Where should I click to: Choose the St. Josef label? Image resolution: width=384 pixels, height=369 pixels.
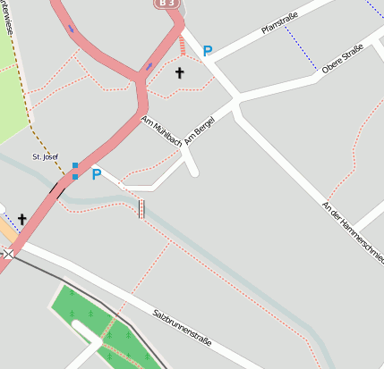[45, 157]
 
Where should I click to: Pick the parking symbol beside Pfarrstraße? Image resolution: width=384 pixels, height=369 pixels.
[208, 52]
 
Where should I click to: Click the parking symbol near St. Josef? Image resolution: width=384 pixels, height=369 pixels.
[97, 175]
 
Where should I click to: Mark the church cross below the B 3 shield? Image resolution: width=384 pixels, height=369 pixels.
[179, 72]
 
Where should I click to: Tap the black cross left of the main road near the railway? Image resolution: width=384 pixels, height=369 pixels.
[21, 219]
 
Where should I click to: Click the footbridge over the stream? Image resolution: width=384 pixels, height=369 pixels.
[141, 209]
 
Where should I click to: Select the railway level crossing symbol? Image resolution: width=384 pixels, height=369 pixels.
[8, 254]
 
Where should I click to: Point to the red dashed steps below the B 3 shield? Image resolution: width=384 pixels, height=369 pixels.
[183, 46]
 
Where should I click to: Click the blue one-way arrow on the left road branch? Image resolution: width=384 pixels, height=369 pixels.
[71, 28]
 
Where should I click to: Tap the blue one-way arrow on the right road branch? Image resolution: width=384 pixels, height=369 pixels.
[149, 66]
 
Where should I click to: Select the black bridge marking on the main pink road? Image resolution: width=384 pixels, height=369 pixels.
[59, 188]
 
